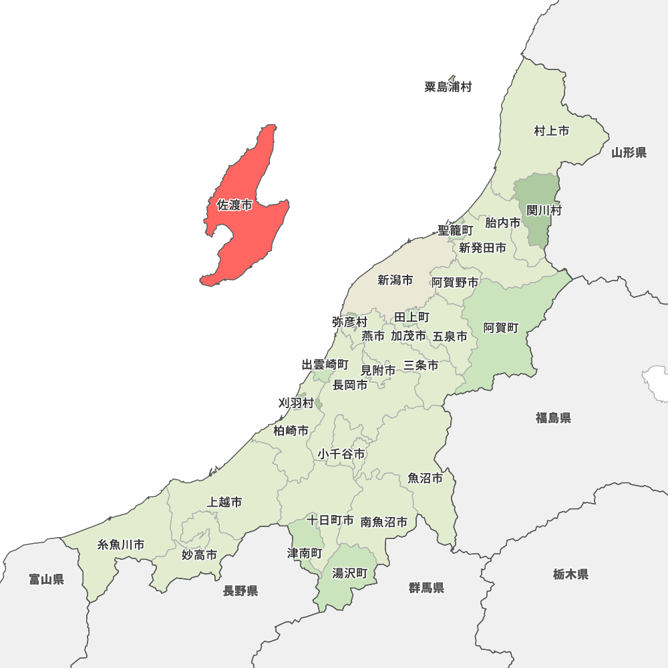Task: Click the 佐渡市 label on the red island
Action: pos(234,205)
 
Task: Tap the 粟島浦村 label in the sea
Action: pos(448,87)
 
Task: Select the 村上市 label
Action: pos(551,131)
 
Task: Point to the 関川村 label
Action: pos(544,210)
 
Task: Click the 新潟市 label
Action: pos(395,280)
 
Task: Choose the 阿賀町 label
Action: pos(501,327)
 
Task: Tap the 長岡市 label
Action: pos(350,385)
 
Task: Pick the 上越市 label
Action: pos(224,502)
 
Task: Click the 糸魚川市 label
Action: pos(121,544)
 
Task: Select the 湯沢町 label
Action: pos(350,573)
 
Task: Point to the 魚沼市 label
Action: pos(425,478)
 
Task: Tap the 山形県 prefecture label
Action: pos(629,153)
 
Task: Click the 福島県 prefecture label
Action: pos(553,418)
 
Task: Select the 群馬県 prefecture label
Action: pos(426,588)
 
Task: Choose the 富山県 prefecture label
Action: pos(47,579)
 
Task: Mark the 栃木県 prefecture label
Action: pos(570,574)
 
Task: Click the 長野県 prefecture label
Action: pos(240,591)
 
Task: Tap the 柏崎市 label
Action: pos(291,431)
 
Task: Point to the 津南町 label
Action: pos(305,554)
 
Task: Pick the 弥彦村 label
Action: pos(349,322)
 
